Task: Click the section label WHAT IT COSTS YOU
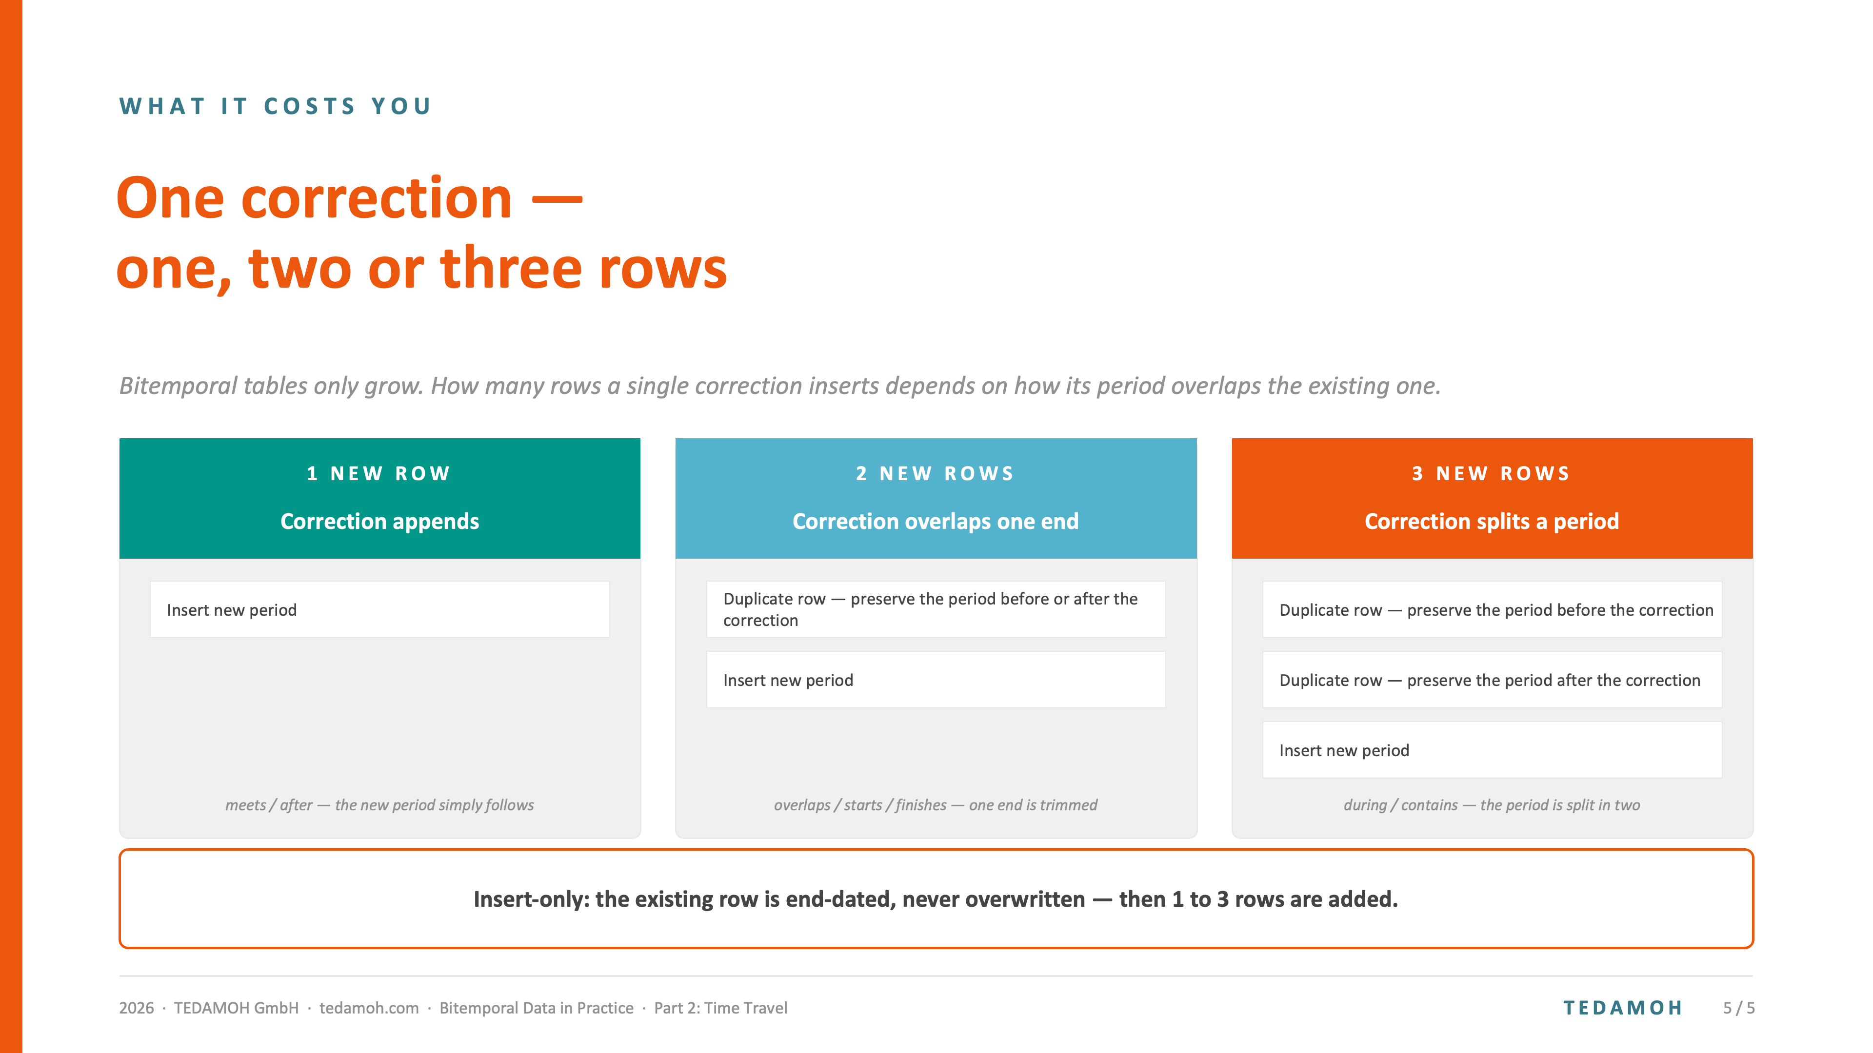point(276,106)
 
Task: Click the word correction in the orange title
point(377,198)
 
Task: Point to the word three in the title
point(511,268)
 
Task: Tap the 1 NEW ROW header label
point(379,474)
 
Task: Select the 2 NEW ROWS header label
point(935,474)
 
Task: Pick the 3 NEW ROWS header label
point(1491,474)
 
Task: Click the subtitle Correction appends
point(379,522)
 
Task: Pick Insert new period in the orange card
point(1344,751)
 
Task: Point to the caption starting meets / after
point(379,805)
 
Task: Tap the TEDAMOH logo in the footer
point(1623,1008)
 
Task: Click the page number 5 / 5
point(1738,1008)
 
